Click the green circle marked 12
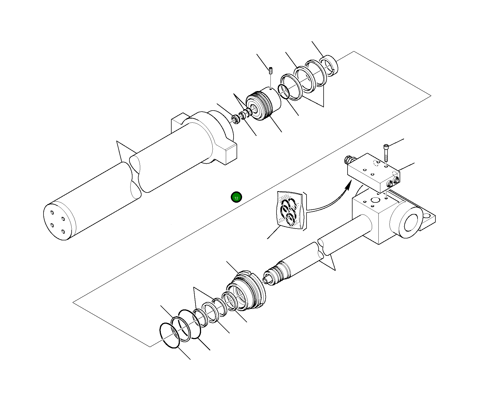click(236, 197)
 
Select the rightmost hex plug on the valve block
click(397, 180)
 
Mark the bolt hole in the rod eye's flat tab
click(428, 214)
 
